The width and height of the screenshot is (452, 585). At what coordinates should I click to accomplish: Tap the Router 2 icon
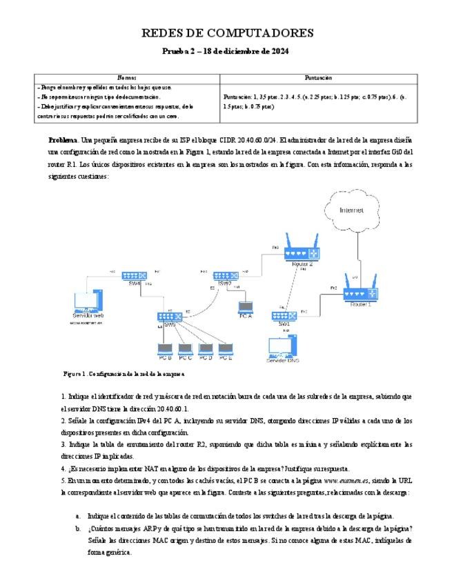coord(301,253)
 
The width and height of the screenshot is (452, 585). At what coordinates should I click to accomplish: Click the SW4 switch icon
coord(134,275)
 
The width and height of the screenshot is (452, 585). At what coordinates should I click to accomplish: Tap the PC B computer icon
coord(165,349)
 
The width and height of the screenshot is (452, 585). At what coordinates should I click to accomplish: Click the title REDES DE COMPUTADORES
coord(227,32)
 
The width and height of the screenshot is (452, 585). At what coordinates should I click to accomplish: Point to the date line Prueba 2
coord(226,52)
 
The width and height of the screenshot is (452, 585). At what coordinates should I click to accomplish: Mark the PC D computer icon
coord(205,349)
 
